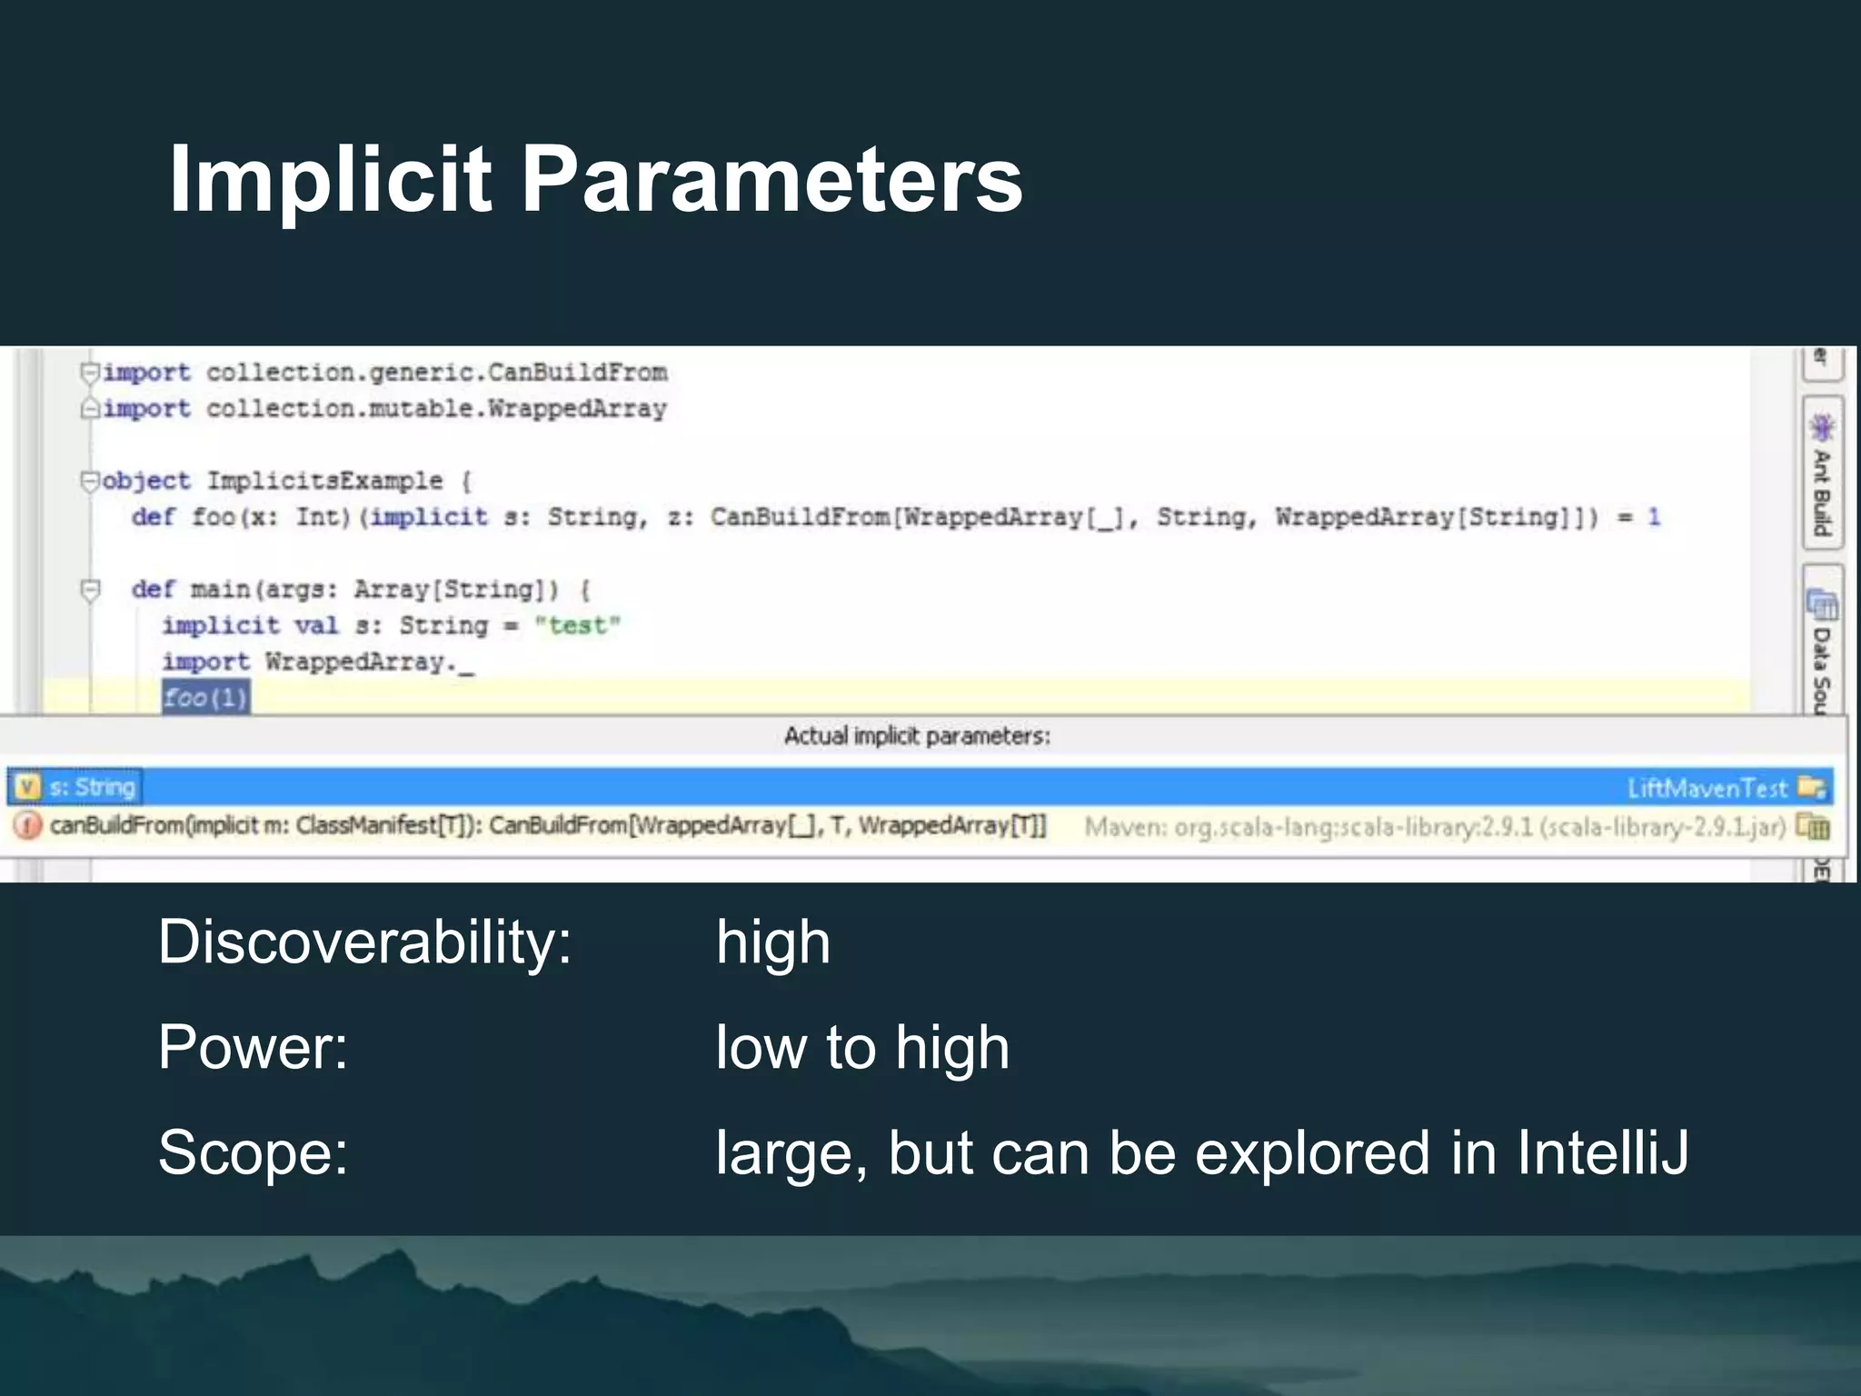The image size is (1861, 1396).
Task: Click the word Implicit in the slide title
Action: (330, 180)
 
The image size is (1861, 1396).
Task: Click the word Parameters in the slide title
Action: (771, 180)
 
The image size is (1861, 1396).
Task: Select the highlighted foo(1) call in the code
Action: (205, 698)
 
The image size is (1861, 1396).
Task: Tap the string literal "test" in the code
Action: (577, 625)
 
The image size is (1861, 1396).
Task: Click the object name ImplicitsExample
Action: (324, 480)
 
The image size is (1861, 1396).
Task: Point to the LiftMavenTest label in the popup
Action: (1707, 788)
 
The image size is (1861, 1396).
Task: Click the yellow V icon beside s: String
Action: (28, 787)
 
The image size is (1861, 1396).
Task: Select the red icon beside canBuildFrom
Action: (28, 825)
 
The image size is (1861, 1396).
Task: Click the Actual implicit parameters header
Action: (917, 735)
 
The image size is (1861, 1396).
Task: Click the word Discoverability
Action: (364, 942)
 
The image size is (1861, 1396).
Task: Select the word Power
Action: (253, 1047)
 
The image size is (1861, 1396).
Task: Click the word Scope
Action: (253, 1152)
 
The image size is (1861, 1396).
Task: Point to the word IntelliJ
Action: (1602, 1152)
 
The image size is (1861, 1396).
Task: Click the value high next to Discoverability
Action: (772, 942)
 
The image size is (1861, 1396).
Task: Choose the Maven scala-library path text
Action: (1435, 827)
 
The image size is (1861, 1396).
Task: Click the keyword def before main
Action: (152, 589)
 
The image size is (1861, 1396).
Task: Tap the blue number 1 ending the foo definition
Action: (1654, 516)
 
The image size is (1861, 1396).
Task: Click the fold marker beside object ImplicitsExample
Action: (89, 480)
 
